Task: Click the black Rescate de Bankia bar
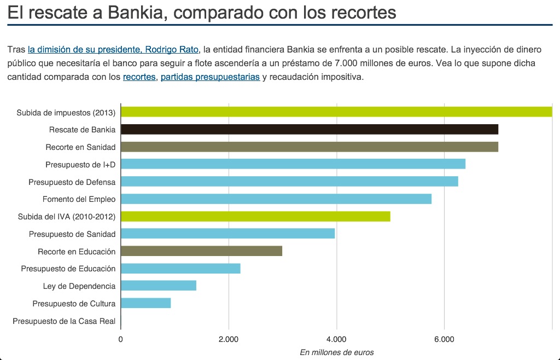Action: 309,129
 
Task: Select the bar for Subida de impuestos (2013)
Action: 336,112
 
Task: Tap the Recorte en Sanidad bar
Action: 309,147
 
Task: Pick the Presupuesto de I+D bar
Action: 293,164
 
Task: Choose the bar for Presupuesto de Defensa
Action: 289,182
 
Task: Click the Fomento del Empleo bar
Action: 276,199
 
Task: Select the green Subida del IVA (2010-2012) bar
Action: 255,216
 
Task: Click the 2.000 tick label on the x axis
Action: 229,339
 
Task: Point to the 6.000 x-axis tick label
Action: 444,339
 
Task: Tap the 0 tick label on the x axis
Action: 120,339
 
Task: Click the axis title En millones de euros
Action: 336,352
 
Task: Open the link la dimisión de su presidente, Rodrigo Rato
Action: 114,50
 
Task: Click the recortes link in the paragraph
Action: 139,77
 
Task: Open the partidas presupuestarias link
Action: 210,77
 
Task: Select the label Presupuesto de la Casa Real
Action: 64,321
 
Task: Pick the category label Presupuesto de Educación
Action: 68,269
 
